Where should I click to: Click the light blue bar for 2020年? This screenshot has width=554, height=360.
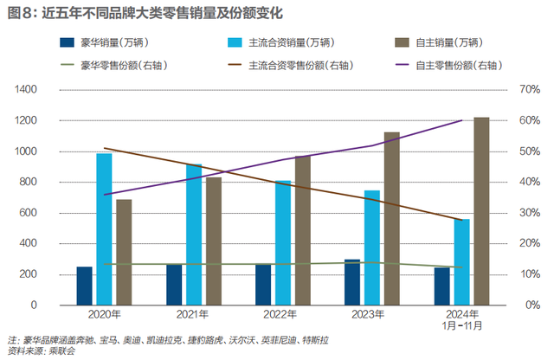(x=104, y=228)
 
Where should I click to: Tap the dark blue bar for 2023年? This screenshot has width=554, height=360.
(x=352, y=282)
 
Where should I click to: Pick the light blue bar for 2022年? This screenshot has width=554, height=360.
(x=283, y=242)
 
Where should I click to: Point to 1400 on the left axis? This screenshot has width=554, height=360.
(x=48, y=89)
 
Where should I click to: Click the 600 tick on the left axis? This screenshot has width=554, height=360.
(x=51, y=213)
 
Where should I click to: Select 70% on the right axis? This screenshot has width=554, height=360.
(x=506, y=89)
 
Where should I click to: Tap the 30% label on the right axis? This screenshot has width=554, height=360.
(x=506, y=213)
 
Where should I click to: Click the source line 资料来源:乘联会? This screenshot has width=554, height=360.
(x=41, y=350)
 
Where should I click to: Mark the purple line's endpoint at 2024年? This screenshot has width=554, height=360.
(x=462, y=120)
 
